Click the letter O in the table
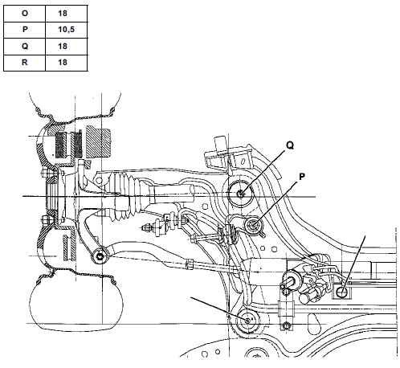tap(25, 13)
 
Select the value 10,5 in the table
tap(66, 30)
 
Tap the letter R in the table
tap(25, 63)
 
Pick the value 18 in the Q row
tap(63, 46)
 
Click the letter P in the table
tap(25, 29)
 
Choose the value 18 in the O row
tap(63, 13)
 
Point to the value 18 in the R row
tap(63, 63)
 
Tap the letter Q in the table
tap(25, 46)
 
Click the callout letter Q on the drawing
tap(290, 145)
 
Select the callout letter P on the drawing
tap(302, 177)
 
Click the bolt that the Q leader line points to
tap(241, 193)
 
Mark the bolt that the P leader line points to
tap(253, 225)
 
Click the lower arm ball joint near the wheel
tap(100, 256)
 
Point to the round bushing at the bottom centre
tap(248, 321)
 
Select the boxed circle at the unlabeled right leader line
tap(343, 292)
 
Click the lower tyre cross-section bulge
tap(76, 301)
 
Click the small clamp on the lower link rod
tap(190, 264)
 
